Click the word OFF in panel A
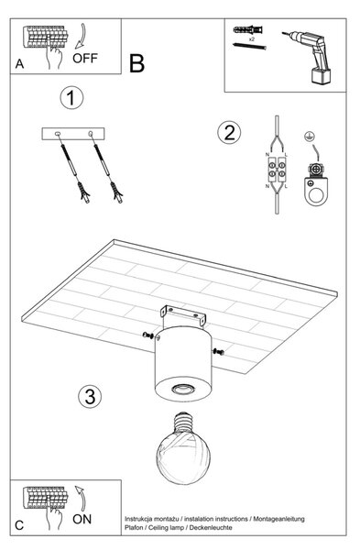(85, 59)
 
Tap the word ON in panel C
(82, 519)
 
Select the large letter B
(136, 63)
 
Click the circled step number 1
(71, 98)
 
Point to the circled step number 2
(229, 133)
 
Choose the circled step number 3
(90, 396)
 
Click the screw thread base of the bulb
(183, 421)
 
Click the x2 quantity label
(251, 39)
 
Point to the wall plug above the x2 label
(248, 29)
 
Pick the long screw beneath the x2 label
(249, 46)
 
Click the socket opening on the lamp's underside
(182, 389)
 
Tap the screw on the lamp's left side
(147, 335)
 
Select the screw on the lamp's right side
(218, 351)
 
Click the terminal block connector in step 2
(277, 170)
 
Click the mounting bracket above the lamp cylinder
(183, 314)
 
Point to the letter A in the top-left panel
(19, 64)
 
